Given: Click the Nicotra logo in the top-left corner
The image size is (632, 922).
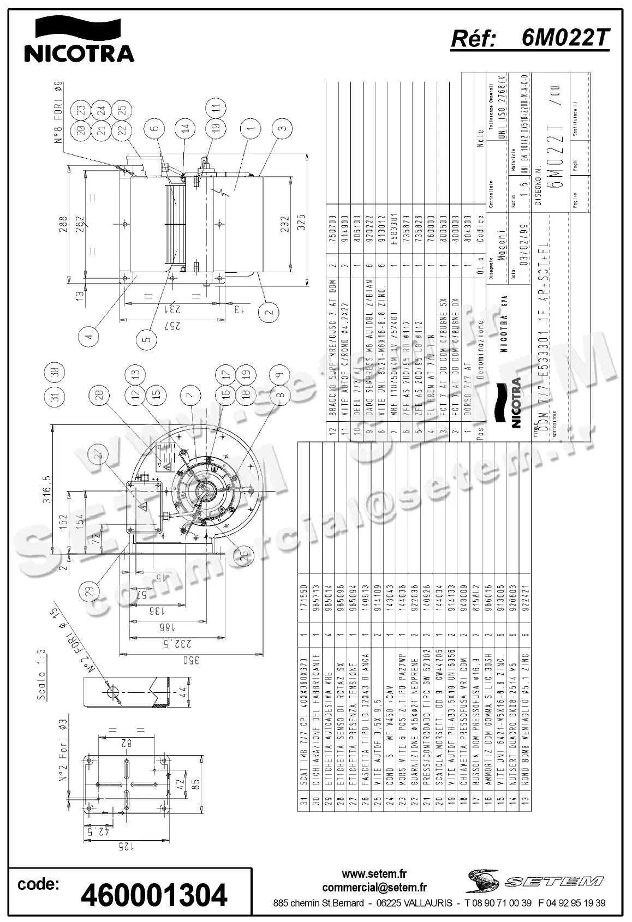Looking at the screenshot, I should (79, 39).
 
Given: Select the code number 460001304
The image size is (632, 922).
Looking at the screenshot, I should (154, 895).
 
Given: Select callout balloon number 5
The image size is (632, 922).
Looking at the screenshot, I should (146, 339).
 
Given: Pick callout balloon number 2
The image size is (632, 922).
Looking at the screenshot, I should (269, 313).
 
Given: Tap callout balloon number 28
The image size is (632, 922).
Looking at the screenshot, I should (99, 396).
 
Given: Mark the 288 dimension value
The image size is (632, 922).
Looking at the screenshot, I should (64, 224).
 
